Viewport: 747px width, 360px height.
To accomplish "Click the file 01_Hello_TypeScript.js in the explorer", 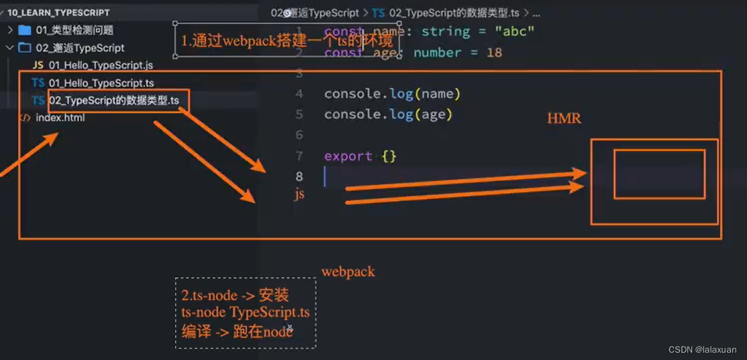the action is (100, 65).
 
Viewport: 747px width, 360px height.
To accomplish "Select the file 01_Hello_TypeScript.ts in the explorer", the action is (101, 83).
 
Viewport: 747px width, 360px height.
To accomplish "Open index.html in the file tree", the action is (60, 118).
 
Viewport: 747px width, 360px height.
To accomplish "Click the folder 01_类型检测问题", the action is (74, 30).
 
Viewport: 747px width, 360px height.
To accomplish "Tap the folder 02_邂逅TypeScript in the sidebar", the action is (80, 48).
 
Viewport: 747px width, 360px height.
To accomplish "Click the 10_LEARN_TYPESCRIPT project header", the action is (58, 12).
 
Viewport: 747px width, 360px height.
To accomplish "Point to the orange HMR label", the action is (563, 119).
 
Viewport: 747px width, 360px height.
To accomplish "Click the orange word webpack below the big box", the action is (348, 272).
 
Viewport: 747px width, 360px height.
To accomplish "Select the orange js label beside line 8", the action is (300, 194).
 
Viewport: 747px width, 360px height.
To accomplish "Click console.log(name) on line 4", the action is (392, 93).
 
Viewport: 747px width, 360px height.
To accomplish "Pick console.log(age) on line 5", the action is (388, 114).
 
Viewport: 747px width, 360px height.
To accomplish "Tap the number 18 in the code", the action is (494, 52).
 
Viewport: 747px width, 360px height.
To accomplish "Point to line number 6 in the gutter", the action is (299, 135).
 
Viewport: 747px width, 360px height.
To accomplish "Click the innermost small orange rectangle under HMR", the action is (659, 174).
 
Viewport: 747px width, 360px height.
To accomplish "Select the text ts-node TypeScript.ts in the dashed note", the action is (245, 312).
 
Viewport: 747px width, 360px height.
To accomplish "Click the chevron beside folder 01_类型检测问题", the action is (11, 30).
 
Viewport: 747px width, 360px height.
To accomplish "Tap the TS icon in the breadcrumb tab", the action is (378, 13).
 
